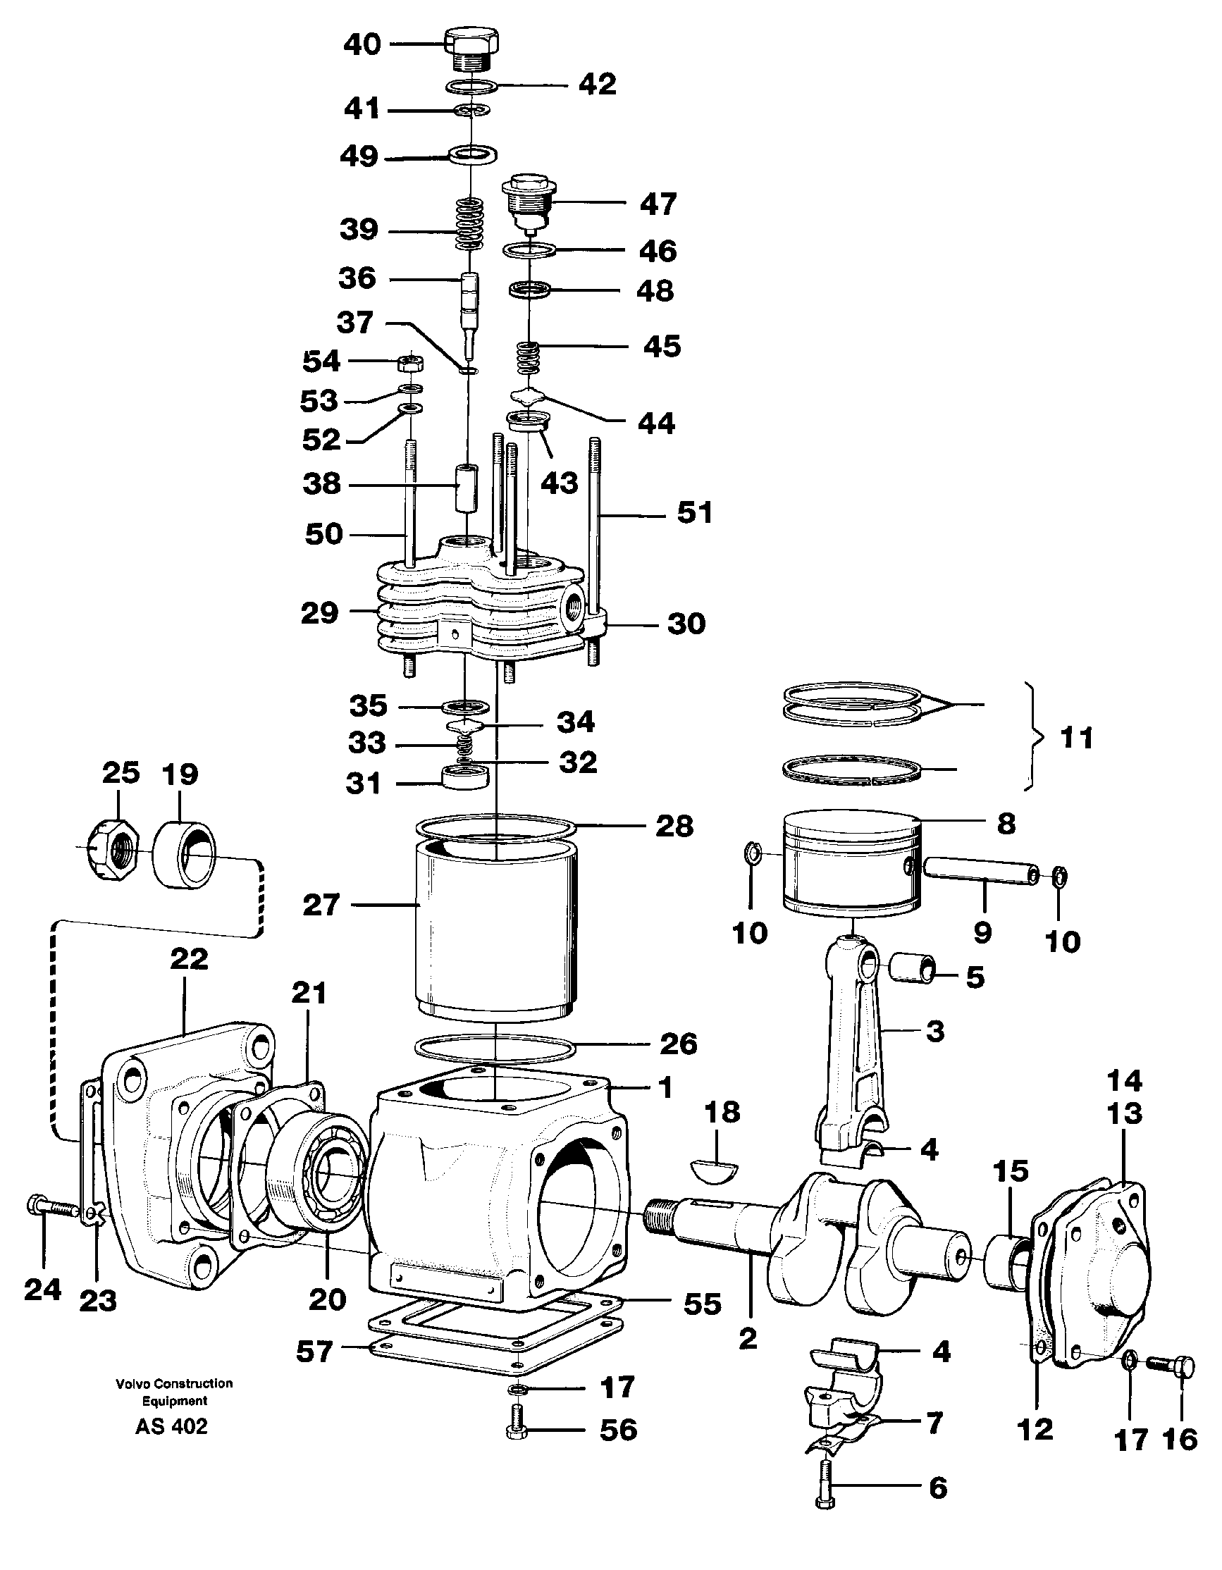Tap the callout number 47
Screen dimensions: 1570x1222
click(x=658, y=204)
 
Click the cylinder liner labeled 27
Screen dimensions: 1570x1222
click(x=497, y=927)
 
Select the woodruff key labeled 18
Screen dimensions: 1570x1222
click(x=714, y=1168)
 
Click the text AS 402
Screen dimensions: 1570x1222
click(x=171, y=1426)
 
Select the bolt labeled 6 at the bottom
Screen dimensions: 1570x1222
click(x=825, y=1484)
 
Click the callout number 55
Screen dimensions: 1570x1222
click(x=703, y=1304)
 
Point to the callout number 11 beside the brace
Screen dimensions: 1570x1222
click(x=1077, y=738)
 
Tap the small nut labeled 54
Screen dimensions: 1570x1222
click(x=409, y=362)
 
